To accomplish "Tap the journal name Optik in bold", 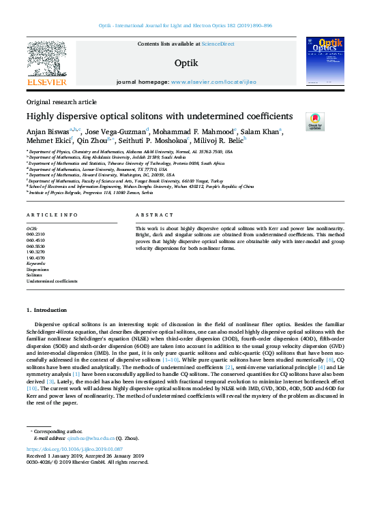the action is (185, 63).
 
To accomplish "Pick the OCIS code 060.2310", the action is (35, 234).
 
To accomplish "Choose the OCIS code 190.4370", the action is (35, 257).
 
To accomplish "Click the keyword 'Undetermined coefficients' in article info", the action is (52, 281).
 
